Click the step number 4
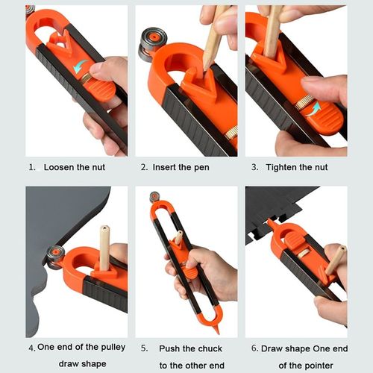click(31, 348)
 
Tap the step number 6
click(254, 348)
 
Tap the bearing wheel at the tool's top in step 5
click(154, 197)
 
